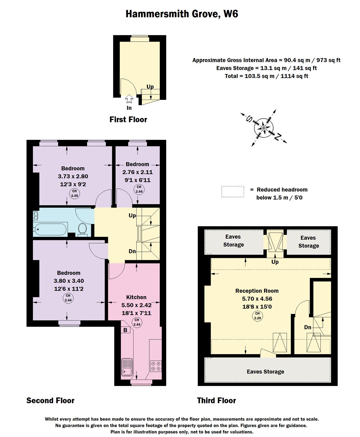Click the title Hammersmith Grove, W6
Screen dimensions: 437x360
tap(182, 14)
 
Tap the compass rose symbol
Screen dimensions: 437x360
tap(264, 128)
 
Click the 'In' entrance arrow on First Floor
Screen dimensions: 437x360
tap(129, 100)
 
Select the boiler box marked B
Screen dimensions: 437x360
tap(125, 330)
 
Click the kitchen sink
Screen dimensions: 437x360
tap(127, 368)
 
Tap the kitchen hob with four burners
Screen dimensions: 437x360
tap(156, 366)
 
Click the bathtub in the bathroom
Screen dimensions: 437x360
tap(50, 229)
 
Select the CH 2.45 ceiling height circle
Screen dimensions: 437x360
tap(74, 193)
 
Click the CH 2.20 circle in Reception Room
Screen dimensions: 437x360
tap(257, 316)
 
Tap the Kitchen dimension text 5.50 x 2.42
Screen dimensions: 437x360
tap(136, 305)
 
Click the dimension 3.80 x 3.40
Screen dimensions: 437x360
tap(69, 281)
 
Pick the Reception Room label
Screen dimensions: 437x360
tap(257, 291)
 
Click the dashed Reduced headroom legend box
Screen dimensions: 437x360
tap(233, 192)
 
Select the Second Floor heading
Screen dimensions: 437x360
tap(50, 400)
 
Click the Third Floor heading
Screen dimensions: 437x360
tap(216, 400)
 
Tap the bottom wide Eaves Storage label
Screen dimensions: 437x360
tap(265, 371)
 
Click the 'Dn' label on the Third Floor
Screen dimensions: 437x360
tap(308, 327)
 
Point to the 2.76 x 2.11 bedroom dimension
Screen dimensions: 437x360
tap(137, 172)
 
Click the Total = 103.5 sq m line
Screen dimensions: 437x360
tap(266, 76)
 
